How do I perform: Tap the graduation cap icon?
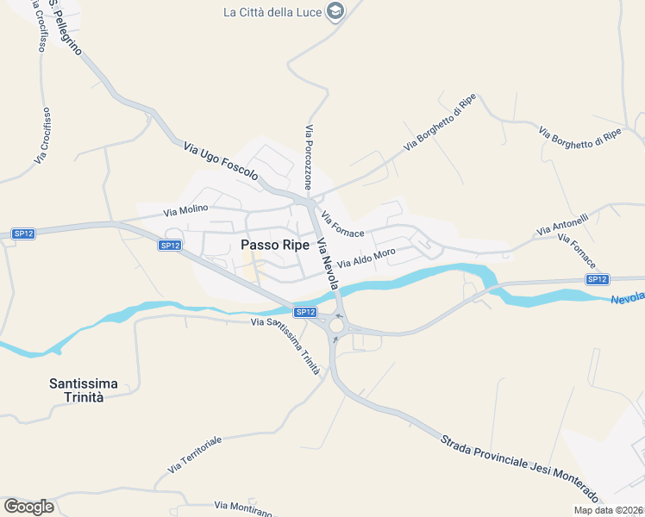click(336, 11)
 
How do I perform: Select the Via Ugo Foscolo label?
click(221, 161)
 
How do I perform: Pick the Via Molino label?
click(185, 210)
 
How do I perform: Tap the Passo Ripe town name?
click(275, 245)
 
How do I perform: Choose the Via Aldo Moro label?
click(366, 258)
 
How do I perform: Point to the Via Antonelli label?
click(561, 226)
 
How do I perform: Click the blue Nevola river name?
click(628, 297)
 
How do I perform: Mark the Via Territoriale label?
click(195, 453)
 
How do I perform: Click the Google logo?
click(28, 507)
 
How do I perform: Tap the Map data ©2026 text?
click(608, 510)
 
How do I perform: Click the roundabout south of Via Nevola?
click(335, 324)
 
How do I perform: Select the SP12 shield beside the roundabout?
click(305, 312)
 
